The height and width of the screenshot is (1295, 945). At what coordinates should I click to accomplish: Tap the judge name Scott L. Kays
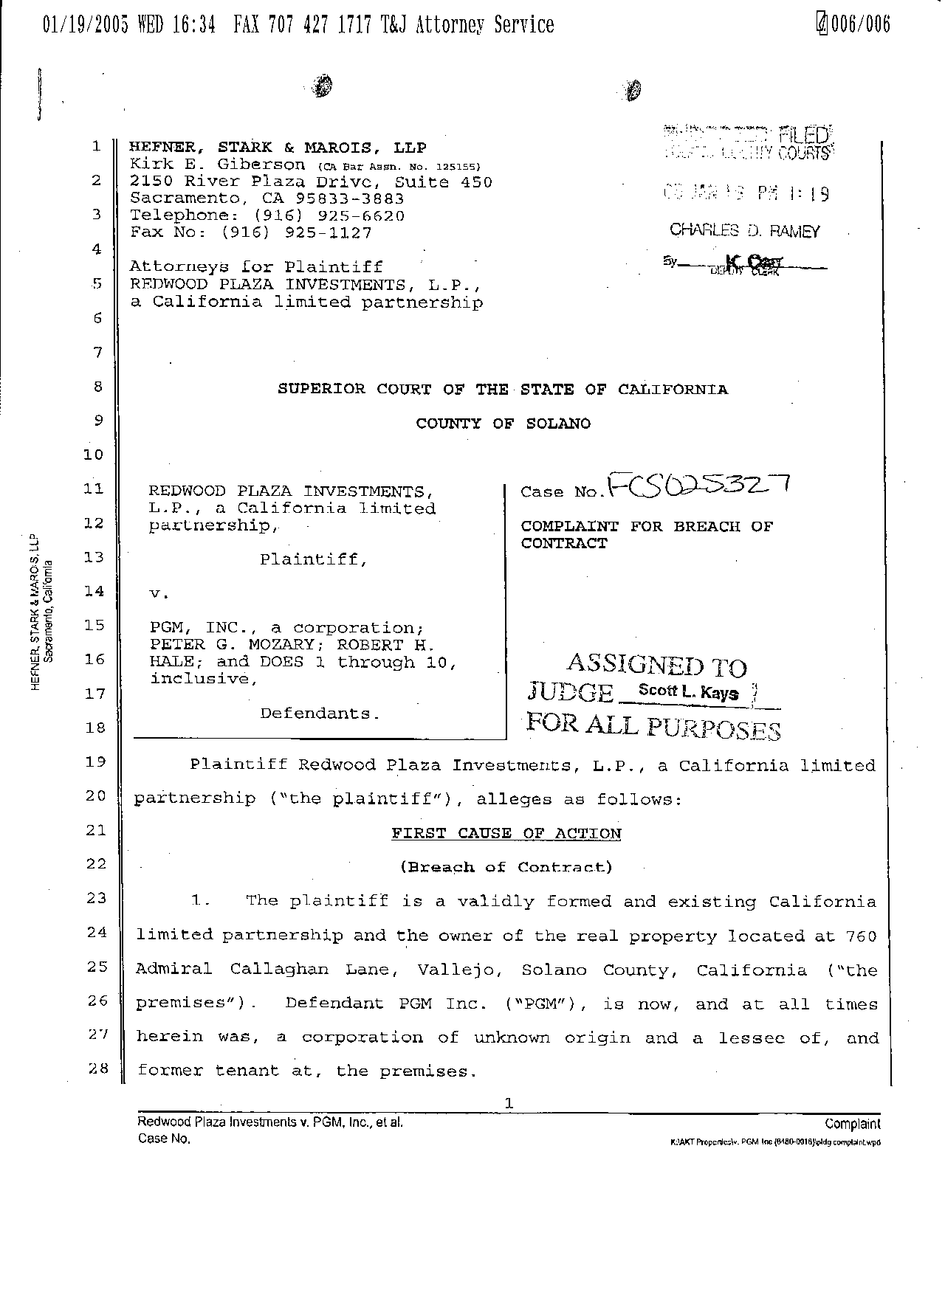coord(688,692)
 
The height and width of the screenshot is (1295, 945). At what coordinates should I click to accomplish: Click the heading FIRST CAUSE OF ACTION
coord(506,834)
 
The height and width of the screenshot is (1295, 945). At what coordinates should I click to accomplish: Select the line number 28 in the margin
coord(97,1068)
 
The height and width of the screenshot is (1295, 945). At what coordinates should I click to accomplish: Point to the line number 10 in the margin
coord(94,455)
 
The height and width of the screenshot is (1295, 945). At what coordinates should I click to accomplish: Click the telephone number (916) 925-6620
coord(329,215)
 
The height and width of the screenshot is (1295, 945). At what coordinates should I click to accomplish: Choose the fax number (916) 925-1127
coord(296,232)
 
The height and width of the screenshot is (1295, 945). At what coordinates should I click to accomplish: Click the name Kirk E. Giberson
coord(217,165)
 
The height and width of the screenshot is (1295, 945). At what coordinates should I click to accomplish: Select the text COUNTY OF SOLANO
coord(503,424)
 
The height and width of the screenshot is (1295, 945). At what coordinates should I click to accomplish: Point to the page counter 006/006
coord(860,25)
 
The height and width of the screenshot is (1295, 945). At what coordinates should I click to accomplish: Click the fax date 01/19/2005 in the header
coord(86,25)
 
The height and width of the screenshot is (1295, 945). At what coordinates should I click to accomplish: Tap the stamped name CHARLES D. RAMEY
coord(744,230)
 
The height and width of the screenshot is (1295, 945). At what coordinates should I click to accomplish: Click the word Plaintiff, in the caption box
coord(313,559)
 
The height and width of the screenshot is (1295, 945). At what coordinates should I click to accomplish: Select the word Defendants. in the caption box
coord(320,714)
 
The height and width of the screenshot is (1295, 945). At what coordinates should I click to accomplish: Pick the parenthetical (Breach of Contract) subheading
coord(506,867)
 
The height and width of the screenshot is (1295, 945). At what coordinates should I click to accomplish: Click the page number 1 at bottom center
coord(508,1104)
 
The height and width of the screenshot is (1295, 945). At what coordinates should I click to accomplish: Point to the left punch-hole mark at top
coord(322,86)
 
